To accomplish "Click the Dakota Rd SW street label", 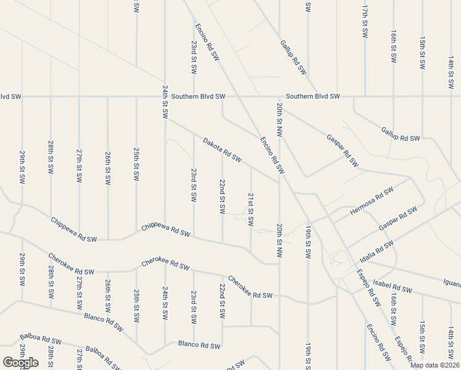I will coord(222,150).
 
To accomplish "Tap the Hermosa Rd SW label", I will coord(371,202).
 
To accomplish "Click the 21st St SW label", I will coord(251,210).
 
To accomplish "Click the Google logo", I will coord(20,363).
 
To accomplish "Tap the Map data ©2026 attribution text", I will coord(434,365).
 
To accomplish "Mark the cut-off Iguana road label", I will coord(452,284).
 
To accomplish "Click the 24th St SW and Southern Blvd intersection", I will coord(165,97).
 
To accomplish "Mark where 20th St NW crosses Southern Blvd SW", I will coord(280,97).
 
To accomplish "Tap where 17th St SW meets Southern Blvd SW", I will coord(365,97).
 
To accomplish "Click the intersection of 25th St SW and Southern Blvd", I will coord(136,97).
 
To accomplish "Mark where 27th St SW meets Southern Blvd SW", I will coord(79,97).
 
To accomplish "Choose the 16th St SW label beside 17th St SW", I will coord(393,46).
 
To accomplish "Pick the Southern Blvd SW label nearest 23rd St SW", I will coord(198,97).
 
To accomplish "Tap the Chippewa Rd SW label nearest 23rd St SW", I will coord(166,231).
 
